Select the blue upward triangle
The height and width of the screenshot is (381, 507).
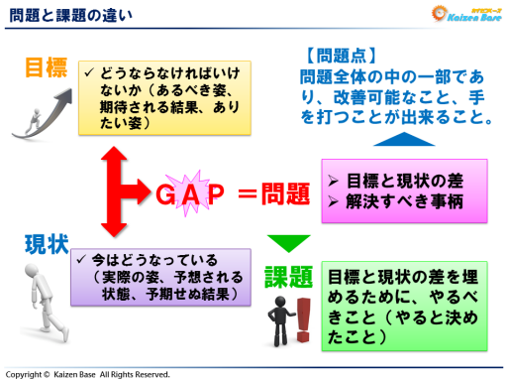click(396, 140)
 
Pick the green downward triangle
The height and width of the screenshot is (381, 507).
click(289, 243)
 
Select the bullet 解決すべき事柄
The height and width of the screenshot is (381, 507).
click(397, 201)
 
